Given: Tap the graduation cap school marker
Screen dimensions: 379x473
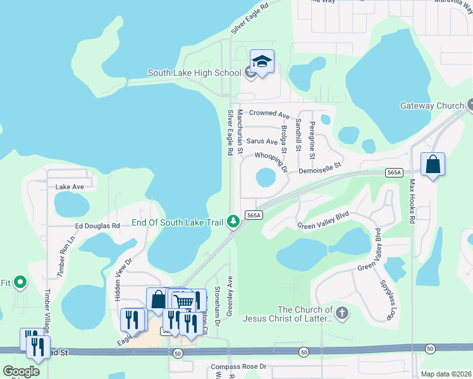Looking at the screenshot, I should pyautogui.click(x=262, y=61).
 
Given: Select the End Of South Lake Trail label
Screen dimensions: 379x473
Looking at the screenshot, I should pyautogui.click(x=178, y=222).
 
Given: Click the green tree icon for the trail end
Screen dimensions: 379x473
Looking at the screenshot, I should pyautogui.click(x=234, y=221).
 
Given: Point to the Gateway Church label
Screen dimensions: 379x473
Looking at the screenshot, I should pyautogui.click(x=432, y=105).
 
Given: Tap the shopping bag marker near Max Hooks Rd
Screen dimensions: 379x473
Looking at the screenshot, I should pyautogui.click(x=433, y=165).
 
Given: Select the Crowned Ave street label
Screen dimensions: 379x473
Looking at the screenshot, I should pyautogui.click(x=269, y=114).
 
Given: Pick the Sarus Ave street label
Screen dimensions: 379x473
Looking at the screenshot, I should pyautogui.click(x=262, y=141).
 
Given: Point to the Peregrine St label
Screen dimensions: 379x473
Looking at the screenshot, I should pyautogui.click(x=312, y=140).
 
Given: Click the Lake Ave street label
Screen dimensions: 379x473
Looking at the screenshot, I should pyautogui.click(x=70, y=187).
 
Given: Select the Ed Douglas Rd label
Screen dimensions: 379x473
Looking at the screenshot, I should pyautogui.click(x=97, y=226).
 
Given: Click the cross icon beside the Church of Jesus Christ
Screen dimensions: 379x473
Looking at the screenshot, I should pyautogui.click(x=342, y=313).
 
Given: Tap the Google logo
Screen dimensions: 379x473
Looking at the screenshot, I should pyautogui.click(x=21, y=371).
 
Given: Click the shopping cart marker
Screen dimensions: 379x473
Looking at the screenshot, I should pyautogui.click(x=183, y=301).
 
